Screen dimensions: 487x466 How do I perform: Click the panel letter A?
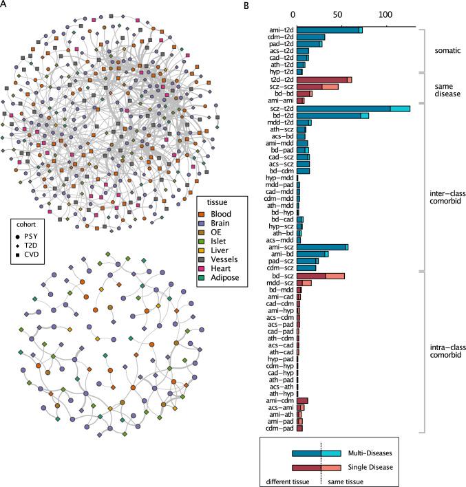pyautogui.click(x=5, y=6)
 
